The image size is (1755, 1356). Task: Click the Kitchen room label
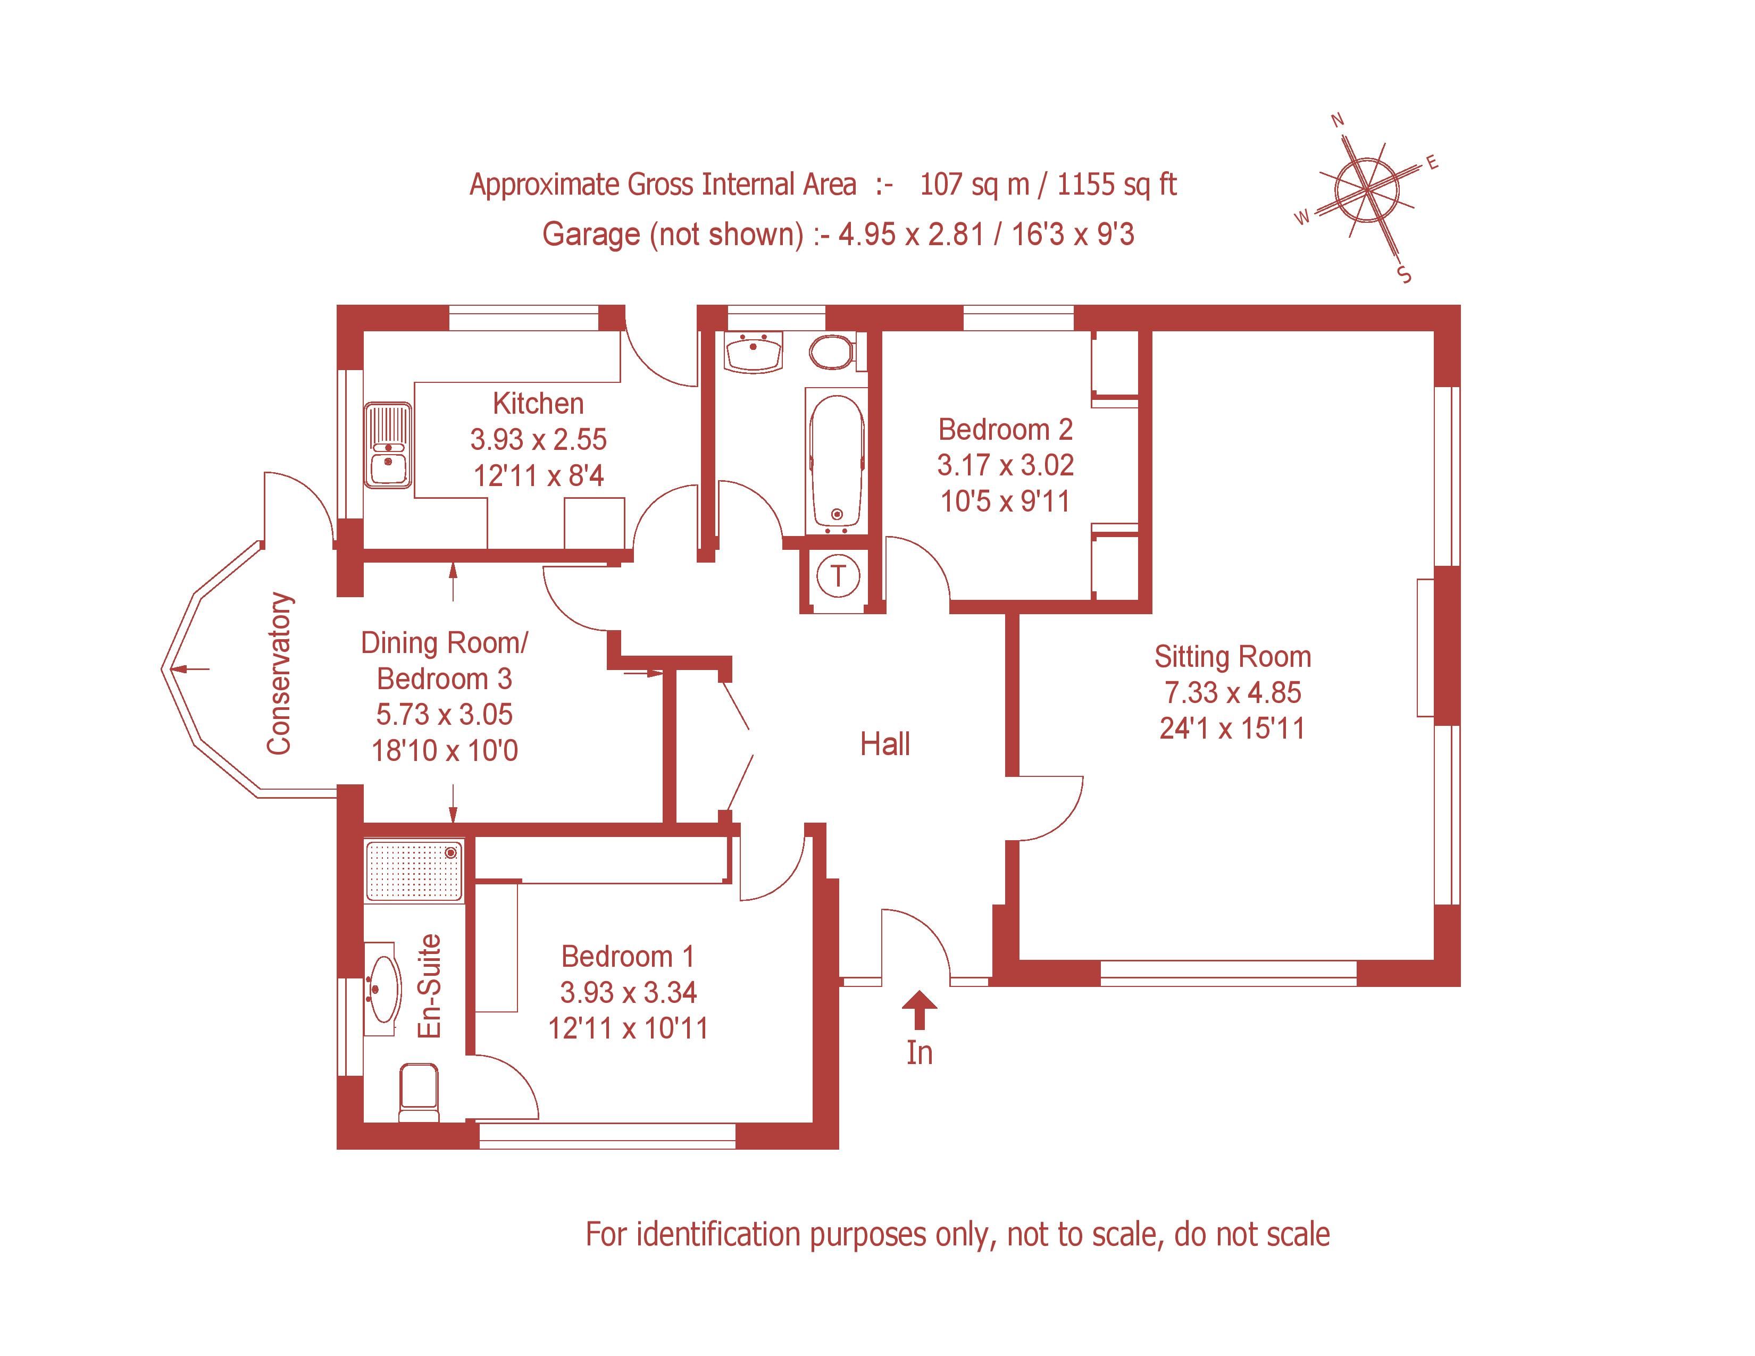point(538,403)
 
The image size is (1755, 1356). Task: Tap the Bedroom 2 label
point(1005,430)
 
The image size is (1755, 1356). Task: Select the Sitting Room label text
point(1233,657)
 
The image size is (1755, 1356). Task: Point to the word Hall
point(885,744)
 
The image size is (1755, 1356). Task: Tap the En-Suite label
point(430,986)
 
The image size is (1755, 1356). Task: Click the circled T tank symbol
point(838,576)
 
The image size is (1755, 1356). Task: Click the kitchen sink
point(388,446)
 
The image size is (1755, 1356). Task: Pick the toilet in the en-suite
point(419,1093)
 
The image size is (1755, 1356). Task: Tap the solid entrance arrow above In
point(920,1010)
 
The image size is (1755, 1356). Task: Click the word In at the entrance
point(920,1053)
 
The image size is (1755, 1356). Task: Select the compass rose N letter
point(1338,121)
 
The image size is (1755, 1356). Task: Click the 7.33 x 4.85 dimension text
point(1233,692)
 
